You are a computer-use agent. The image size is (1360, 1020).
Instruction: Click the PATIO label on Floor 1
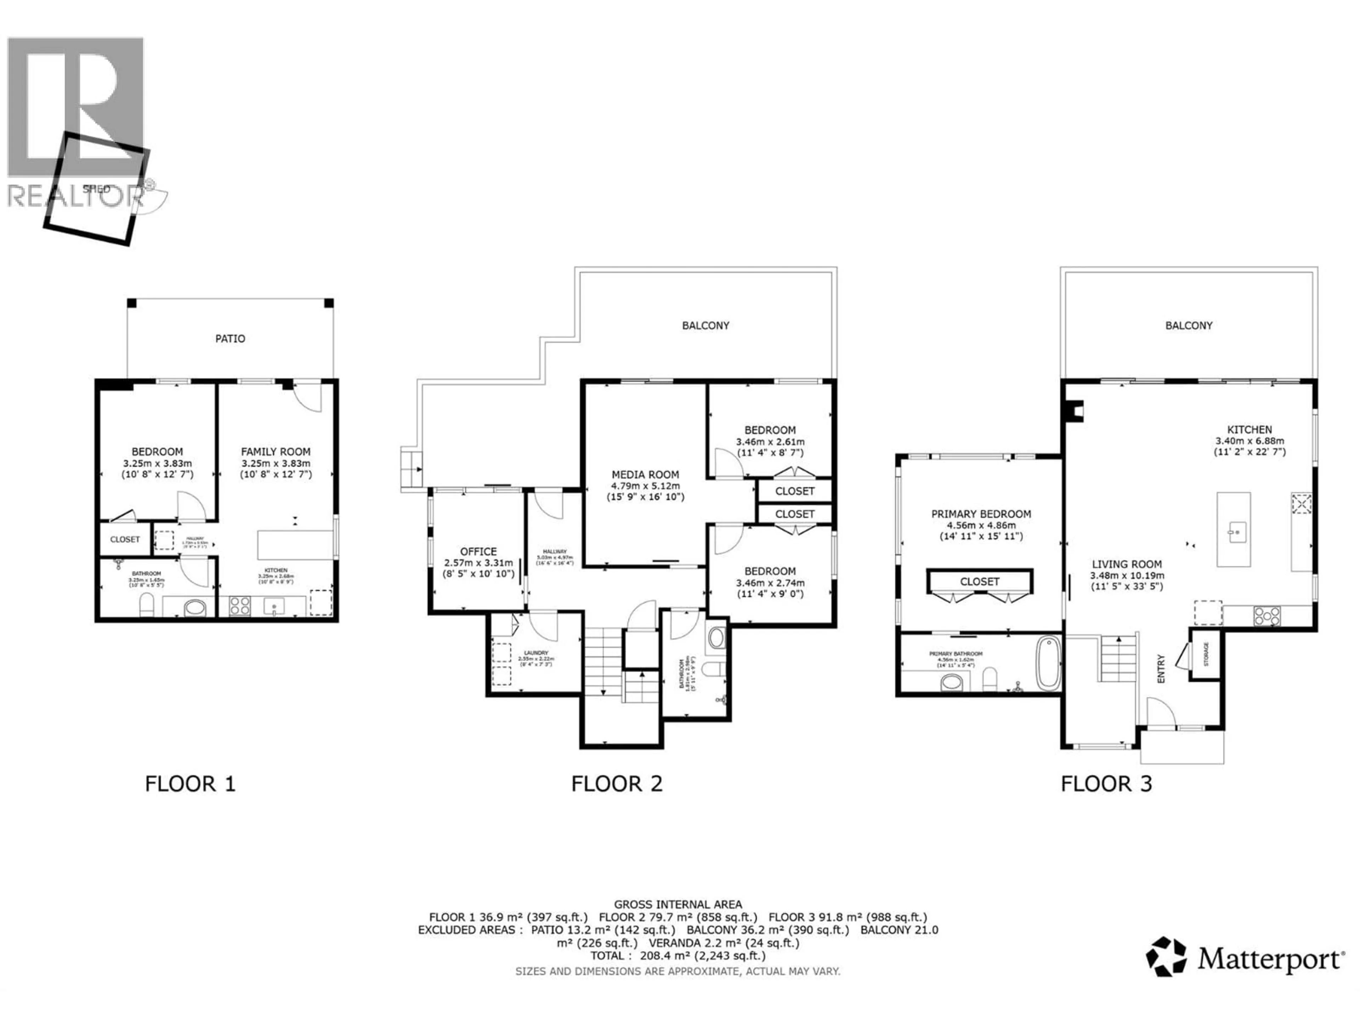click(230, 338)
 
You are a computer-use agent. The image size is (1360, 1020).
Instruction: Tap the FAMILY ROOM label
click(276, 451)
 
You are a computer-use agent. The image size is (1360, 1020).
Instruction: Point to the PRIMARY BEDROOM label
click(981, 514)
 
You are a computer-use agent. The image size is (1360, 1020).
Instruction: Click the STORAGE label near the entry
click(1206, 653)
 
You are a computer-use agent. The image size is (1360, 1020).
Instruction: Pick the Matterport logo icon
click(1166, 957)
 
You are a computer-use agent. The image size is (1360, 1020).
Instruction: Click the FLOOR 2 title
click(617, 784)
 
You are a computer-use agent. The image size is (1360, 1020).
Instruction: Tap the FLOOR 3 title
click(1106, 784)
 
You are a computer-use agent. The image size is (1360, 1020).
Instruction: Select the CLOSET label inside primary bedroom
click(979, 582)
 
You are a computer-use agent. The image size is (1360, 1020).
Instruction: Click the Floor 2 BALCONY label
click(705, 325)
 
